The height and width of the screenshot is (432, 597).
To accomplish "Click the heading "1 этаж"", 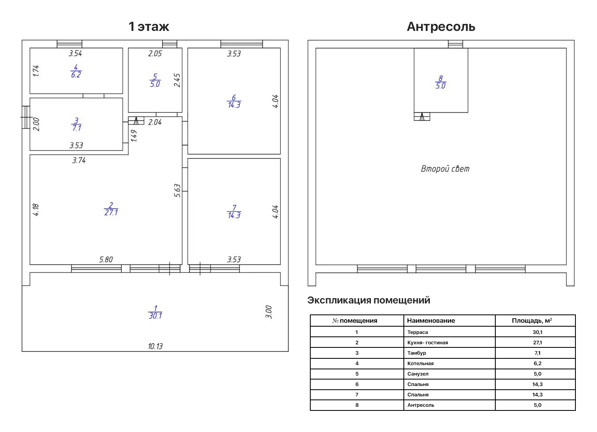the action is coord(149,27).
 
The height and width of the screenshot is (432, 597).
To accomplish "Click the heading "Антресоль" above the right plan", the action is coord(441,27).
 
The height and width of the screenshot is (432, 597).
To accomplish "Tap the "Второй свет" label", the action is coord(445,169).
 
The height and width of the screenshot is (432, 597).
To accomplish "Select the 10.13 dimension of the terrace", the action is coord(155,346).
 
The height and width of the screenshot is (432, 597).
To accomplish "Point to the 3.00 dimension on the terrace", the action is coord(269,312).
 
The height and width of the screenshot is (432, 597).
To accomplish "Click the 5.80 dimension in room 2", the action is coord(106,260).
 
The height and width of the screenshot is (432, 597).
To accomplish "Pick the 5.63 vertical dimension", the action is coord(177,191).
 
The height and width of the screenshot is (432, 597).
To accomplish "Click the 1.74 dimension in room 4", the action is coord(36,71).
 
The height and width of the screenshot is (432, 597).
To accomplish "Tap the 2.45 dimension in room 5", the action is coord(177,80).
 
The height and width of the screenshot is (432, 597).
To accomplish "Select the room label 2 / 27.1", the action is coord(111,209).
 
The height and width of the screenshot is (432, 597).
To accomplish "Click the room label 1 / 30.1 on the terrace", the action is coord(155,312).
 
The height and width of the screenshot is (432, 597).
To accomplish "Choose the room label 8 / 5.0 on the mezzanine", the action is coord(440,82).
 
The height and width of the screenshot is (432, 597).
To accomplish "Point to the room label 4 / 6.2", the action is coord(76,71).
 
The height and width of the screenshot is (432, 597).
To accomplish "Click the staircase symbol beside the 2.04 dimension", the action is coord(136,121).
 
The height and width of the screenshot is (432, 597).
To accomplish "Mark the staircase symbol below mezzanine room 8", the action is coord(422,116).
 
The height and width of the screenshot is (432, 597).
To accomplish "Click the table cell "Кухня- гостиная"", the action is coord(427,343).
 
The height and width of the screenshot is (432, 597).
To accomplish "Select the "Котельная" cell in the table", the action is coord(420,364).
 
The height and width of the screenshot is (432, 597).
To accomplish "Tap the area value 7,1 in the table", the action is coord(537,353).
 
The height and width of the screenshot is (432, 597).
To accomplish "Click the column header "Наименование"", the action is coord(431,321).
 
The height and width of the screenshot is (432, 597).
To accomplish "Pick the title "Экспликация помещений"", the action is coord(368,300).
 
